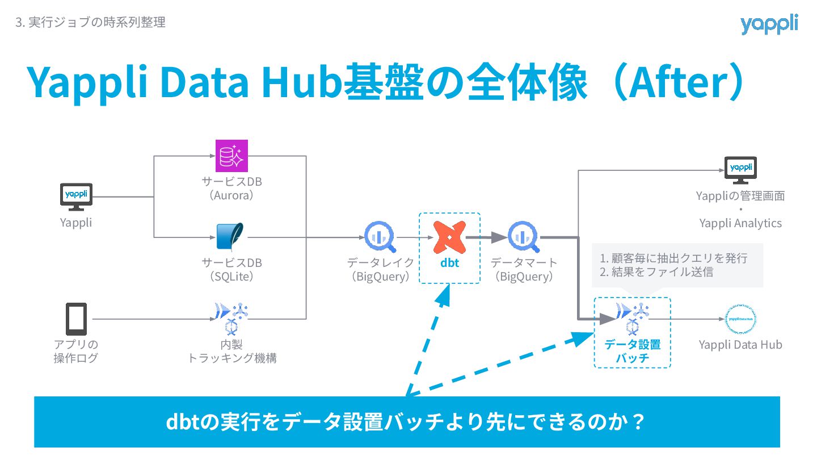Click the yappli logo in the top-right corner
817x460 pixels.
coord(769,24)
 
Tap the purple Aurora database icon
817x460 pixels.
coord(232,155)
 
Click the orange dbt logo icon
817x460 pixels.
coord(449,237)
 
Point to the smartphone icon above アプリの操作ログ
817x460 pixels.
coord(76,319)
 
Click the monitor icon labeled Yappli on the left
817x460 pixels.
coord(76,196)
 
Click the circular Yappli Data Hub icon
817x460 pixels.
coord(741,319)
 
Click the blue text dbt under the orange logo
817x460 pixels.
coord(449,264)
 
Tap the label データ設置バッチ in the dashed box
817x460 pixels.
coord(632,352)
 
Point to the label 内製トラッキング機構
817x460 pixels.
coord(232,352)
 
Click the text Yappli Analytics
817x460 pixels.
coord(740,223)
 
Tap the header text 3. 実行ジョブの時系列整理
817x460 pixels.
coord(90,23)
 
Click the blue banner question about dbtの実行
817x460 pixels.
coord(407,422)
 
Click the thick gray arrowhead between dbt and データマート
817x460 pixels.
coord(499,237)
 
